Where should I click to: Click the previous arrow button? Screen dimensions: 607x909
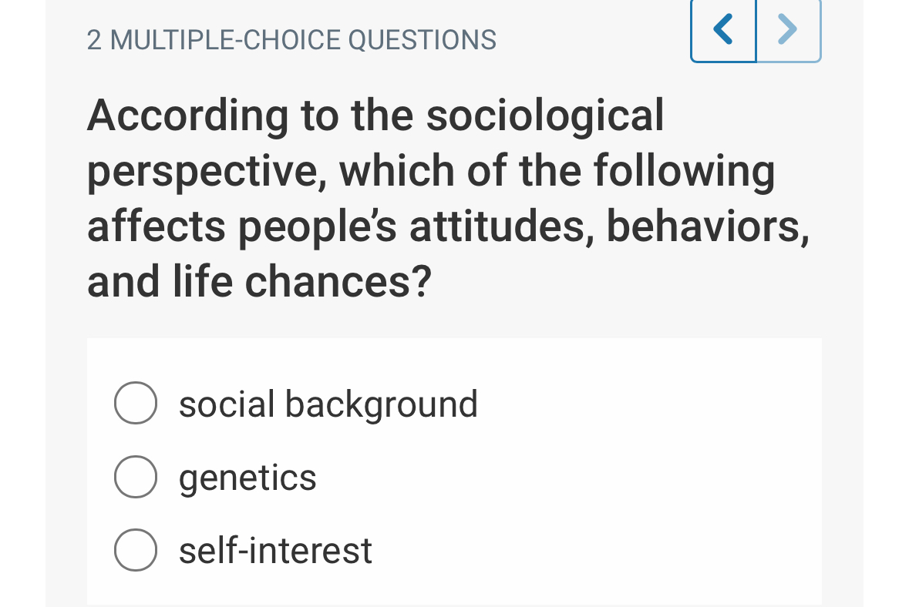coord(723,30)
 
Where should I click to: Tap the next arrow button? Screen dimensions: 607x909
coord(788,30)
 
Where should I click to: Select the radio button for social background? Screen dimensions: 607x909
coord(136,404)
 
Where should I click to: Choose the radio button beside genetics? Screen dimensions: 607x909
coord(136,478)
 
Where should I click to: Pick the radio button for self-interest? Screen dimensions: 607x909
coord(136,551)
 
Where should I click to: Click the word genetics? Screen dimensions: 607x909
coord(247,478)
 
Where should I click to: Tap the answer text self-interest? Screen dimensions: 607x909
coord(275,551)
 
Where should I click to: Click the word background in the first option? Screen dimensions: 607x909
coord(382,404)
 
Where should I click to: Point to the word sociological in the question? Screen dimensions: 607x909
coord(545,116)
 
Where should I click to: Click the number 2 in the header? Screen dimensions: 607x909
coord(94,39)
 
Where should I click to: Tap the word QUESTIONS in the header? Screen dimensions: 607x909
coord(423,39)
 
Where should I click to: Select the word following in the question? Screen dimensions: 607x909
coord(684,172)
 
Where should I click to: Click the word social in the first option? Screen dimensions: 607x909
coord(227,404)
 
